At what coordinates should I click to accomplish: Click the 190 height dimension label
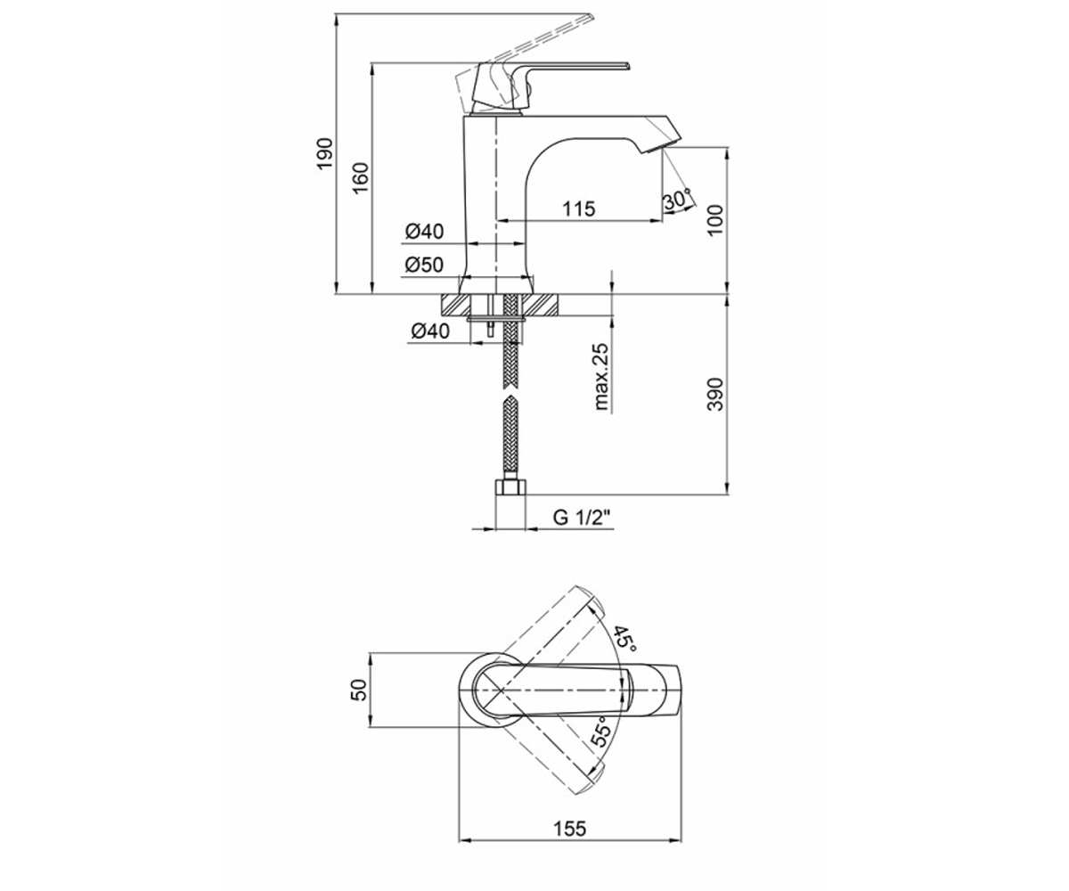[324, 153]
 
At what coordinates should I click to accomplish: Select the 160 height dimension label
[361, 177]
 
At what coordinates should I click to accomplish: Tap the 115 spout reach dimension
[579, 208]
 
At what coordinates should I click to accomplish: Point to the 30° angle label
[677, 200]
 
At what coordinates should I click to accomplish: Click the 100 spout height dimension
[715, 220]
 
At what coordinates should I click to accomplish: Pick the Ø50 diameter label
[424, 265]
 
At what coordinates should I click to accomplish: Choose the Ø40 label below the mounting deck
[430, 331]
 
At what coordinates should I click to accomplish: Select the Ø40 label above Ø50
[424, 232]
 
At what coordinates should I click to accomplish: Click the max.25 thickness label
[601, 377]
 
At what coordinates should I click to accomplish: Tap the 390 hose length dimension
[715, 395]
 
